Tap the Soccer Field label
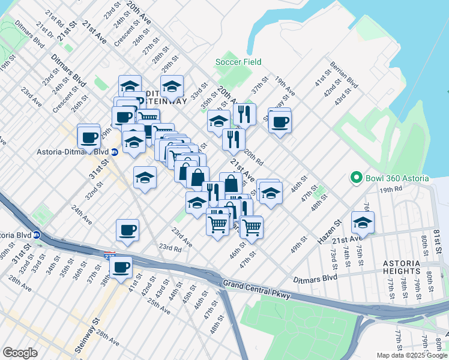238,62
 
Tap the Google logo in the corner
20,353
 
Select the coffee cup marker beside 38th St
121,267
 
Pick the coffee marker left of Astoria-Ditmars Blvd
89,137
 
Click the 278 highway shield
109,255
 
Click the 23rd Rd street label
170,247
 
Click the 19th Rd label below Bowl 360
390,189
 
